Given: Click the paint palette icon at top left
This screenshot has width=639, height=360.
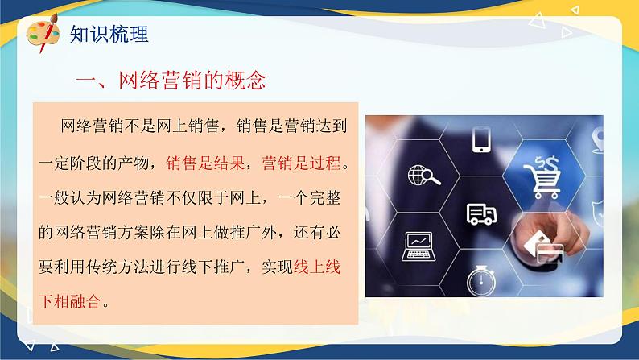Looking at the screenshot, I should (41, 34).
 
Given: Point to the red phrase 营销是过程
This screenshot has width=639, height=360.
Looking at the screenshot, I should (306, 163).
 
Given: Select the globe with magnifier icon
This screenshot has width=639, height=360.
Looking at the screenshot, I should (423, 174).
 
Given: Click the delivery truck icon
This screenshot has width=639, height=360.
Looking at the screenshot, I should (481, 213).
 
